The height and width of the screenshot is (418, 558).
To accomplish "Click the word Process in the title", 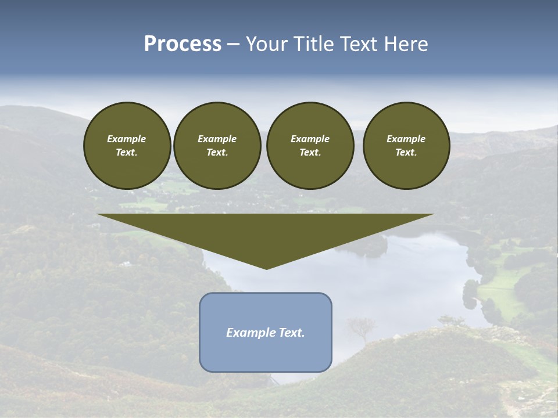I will pos(183,44).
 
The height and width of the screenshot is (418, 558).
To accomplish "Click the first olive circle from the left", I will pos(127,146).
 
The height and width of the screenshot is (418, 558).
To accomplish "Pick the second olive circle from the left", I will pos(217,146).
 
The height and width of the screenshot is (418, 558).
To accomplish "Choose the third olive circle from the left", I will pos(310,146).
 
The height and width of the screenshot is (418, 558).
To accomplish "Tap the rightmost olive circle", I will pos(406,146).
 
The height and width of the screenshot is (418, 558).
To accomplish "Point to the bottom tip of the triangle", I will pos(266,268).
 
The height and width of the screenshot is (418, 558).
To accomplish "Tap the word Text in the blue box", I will pos(291,333).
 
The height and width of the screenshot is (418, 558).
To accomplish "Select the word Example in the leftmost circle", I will pos(127,139).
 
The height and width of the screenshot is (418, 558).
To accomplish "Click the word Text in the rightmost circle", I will pos(406,152).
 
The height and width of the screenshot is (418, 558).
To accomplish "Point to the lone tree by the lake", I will pos(361,327).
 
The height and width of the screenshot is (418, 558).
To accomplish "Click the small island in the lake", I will pos(368,246).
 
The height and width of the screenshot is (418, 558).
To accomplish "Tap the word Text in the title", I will pos(357,44).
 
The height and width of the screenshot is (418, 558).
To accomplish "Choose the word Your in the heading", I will pos(266,44).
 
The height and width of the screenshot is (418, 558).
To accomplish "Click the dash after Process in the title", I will pos(234,44).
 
